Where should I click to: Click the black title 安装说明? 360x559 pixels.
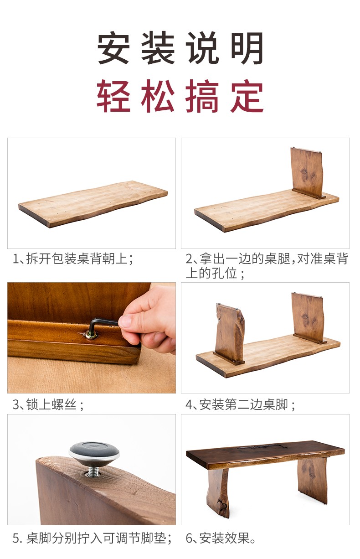coord(180,48)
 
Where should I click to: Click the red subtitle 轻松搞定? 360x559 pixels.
coord(180,96)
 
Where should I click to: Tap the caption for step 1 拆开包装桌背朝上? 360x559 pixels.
coord(73,259)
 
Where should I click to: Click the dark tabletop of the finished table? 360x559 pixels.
coord(265,453)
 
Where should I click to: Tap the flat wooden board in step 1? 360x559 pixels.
coord(93,204)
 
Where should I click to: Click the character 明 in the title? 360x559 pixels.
coord(247,48)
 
